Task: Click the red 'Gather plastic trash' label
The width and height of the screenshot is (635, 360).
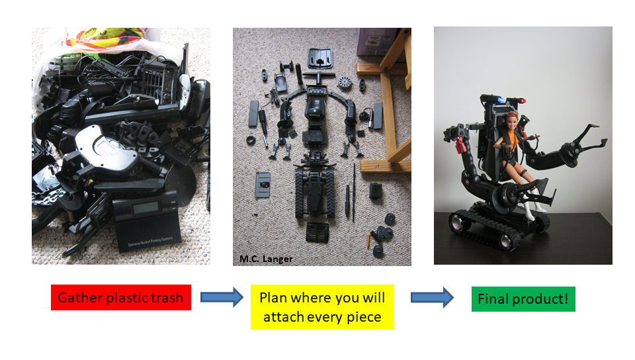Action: [120, 298]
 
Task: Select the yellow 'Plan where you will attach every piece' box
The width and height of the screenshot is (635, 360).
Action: [322, 307]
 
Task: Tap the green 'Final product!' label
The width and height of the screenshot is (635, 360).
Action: [523, 299]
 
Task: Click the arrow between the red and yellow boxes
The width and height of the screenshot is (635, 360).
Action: [222, 297]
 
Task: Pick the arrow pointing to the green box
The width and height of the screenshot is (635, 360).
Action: [432, 298]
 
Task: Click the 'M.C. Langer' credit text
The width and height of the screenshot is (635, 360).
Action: [266, 259]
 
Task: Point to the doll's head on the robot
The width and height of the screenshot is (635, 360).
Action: [511, 121]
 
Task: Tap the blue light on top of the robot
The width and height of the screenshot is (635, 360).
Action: [501, 100]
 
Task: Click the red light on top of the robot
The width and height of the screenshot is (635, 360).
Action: [523, 101]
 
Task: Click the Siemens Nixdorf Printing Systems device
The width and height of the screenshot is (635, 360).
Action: [148, 221]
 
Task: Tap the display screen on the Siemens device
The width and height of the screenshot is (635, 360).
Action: [146, 208]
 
